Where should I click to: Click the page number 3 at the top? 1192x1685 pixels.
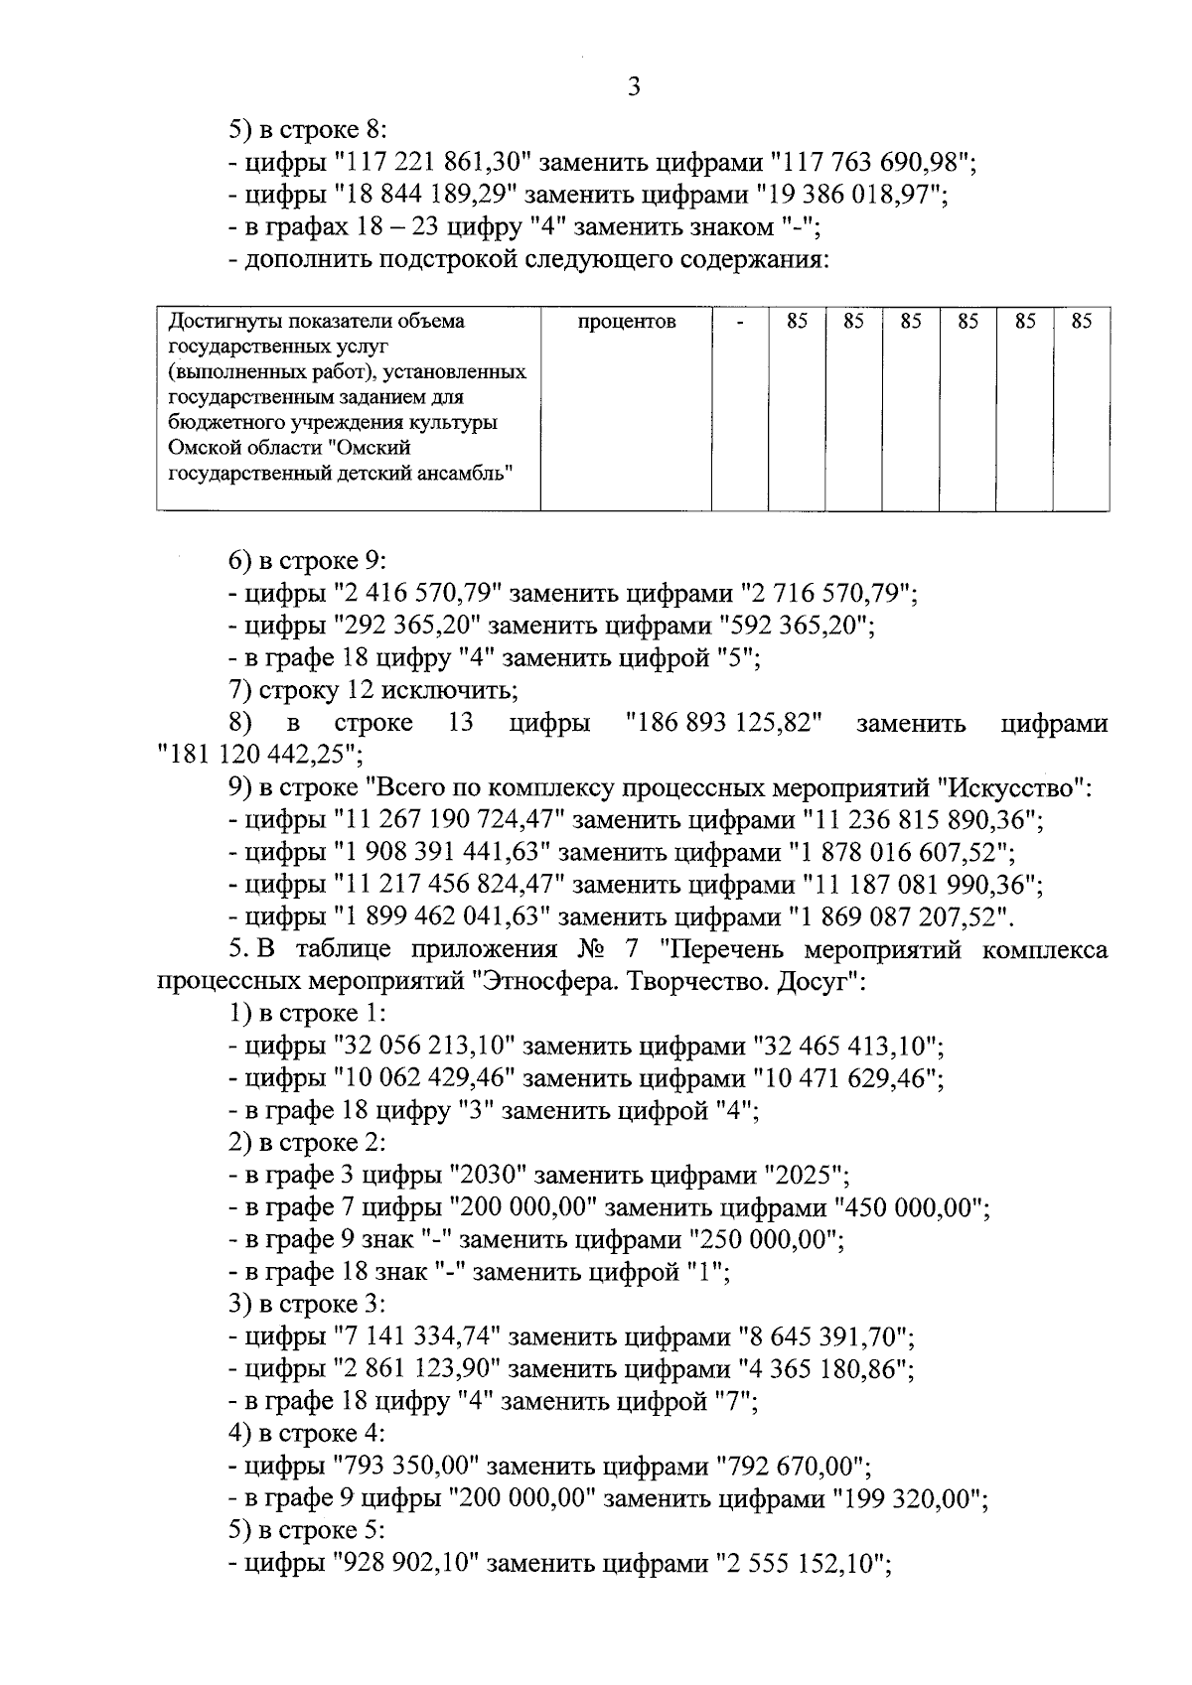[x=634, y=87]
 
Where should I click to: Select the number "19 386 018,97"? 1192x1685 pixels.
[x=847, y=195]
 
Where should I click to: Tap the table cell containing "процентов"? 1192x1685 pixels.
[x=626, y=322]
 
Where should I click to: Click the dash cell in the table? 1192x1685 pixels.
[x=740, y=322]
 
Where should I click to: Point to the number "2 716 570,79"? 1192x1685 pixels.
[x=825, y=594]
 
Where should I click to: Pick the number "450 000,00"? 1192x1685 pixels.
[x=912, y=1208]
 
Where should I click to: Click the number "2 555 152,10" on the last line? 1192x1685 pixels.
[x=801, y=1565]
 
